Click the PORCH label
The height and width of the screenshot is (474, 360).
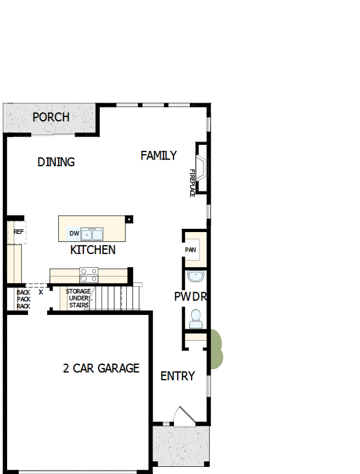[51, 117]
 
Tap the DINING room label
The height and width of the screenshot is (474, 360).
[56, 162]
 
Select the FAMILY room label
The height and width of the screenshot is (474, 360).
[159, 155]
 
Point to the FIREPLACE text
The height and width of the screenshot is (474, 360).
[193, 183]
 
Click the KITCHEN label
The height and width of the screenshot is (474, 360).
[93, 250]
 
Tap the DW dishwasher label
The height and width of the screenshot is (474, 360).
[74, 234]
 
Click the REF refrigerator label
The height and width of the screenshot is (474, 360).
[18, 232]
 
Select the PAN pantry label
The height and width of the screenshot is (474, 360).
[190, 250]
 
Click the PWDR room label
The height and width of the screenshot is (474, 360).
[190, 297]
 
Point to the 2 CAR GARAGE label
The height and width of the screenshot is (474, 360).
[101, 368]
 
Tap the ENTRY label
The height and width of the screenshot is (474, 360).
[177, 376]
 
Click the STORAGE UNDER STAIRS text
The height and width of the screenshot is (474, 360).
[78, 298]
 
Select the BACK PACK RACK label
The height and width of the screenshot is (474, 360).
[23, 299]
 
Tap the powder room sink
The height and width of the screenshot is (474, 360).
[195, 275]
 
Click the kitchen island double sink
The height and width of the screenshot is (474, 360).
[92, 234]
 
